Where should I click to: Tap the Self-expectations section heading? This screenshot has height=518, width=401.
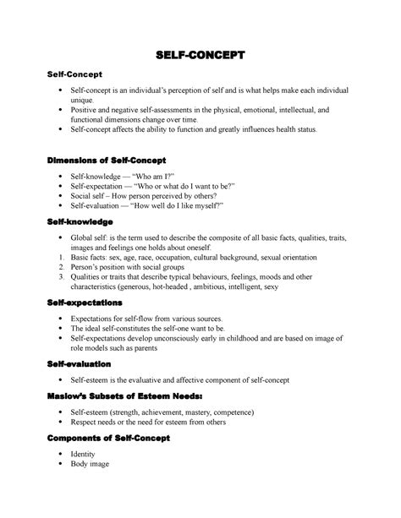(87, 302)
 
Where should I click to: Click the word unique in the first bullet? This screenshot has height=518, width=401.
(84, 99)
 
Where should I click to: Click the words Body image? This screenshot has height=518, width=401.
(91, 464)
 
